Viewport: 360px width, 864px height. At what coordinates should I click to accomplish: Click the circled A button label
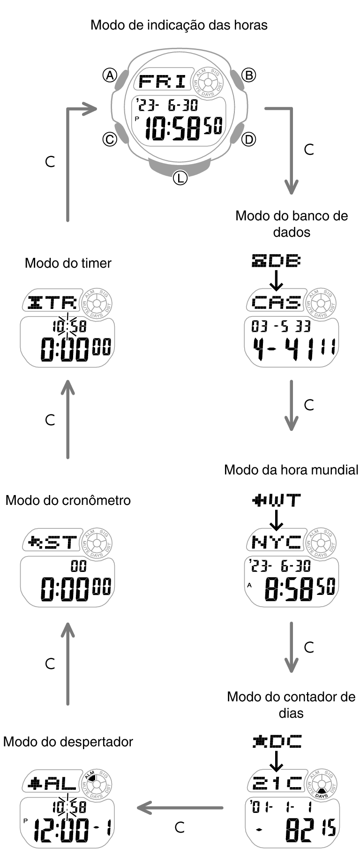(110, 75)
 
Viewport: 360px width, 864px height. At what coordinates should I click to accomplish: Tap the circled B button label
(248, 75)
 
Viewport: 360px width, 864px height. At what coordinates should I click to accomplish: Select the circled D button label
(248, 139)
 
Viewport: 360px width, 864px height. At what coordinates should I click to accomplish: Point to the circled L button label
(180, 178)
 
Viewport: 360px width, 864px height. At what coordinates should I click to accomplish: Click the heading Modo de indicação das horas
(179, 25)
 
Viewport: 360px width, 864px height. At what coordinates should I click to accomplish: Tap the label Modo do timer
(68, 263)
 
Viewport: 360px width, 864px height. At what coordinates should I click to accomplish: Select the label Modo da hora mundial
(291, 470)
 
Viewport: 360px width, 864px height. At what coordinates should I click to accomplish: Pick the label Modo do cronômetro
(68, 500)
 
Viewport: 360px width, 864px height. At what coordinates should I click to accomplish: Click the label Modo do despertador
(68, 742)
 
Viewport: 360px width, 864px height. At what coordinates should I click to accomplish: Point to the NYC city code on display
(277, 542)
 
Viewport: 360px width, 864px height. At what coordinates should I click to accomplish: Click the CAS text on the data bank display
(276, 302)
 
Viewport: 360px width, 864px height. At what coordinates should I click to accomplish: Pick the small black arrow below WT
(277, 519)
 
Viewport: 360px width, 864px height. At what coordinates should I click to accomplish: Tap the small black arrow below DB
(277, 280)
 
